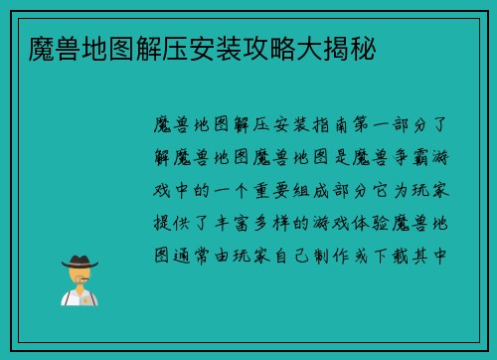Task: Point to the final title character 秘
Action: point(363,47)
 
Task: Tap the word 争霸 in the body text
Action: point(418,159)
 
